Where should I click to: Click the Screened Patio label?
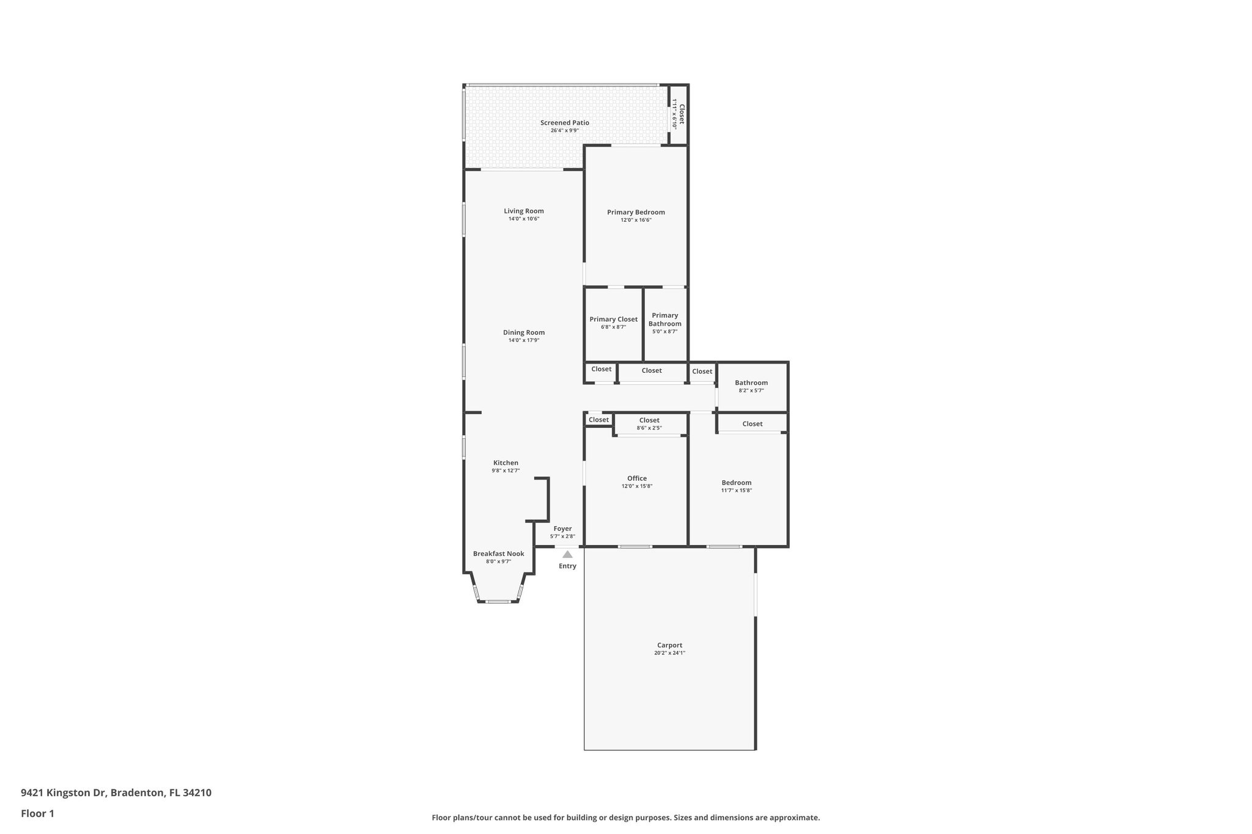click(564, 123)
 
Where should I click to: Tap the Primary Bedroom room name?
click(636, 213)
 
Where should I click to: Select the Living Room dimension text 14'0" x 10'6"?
click(523, 219)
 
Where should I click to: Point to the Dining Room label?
click(523, 332)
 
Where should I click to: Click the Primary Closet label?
click(613, 319)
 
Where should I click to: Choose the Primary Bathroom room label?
click(665, 320)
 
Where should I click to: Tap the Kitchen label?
click(506, 463)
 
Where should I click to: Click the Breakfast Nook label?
click(498, 554)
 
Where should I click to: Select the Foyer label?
click(562, 529)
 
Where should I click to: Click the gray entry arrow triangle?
click(567, 555)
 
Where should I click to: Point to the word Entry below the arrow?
click(567, 566)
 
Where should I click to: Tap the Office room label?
click(636, 478)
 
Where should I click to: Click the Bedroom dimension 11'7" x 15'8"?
click(736, 490)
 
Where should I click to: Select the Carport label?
click(669, 645)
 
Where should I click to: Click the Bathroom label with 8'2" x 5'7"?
click(751, 383)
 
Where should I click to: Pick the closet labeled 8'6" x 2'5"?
click(649, 420)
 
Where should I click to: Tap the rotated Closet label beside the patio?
click(682, 114)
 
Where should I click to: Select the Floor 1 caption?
click(37, 813)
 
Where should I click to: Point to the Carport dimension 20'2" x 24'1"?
click(669, 653)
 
